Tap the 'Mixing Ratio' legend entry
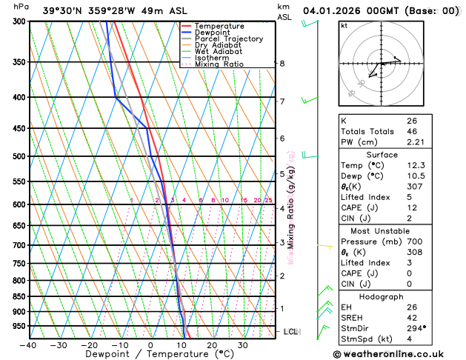click(219, 64)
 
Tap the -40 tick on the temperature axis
click(28, 345)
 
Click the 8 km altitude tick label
click(282, 64)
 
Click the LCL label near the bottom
click(290, 332)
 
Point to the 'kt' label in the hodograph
click(344, 25)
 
